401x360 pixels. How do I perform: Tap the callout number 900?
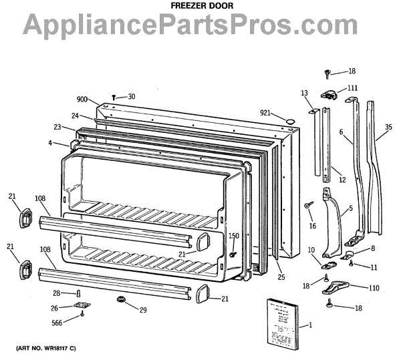(x=82, y=99)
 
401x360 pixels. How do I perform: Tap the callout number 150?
(x=234, y=235)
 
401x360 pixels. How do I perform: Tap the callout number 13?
(x=304, y=93)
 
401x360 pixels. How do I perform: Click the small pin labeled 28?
(x=79, y=293)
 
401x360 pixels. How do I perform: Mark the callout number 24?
(x=76, y=115)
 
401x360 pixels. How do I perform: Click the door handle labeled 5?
(x=332, y=224)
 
